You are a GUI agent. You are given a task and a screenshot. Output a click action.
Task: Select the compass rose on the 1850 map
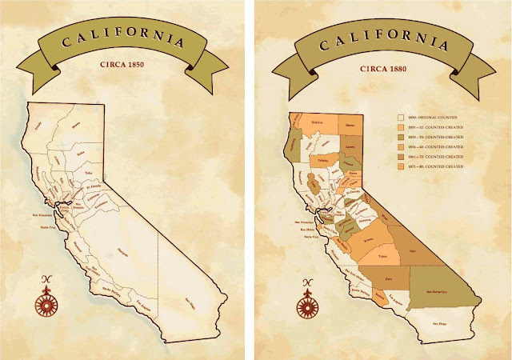[x=48, y=303]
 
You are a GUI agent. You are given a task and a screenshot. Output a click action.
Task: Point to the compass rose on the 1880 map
[x=306, y=305]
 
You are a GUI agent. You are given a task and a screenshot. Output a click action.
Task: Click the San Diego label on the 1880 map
[x=440, y=322]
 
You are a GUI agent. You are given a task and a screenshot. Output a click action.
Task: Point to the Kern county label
[x=389, y=278]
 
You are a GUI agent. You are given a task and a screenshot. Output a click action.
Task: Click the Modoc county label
[x=350, y=125]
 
